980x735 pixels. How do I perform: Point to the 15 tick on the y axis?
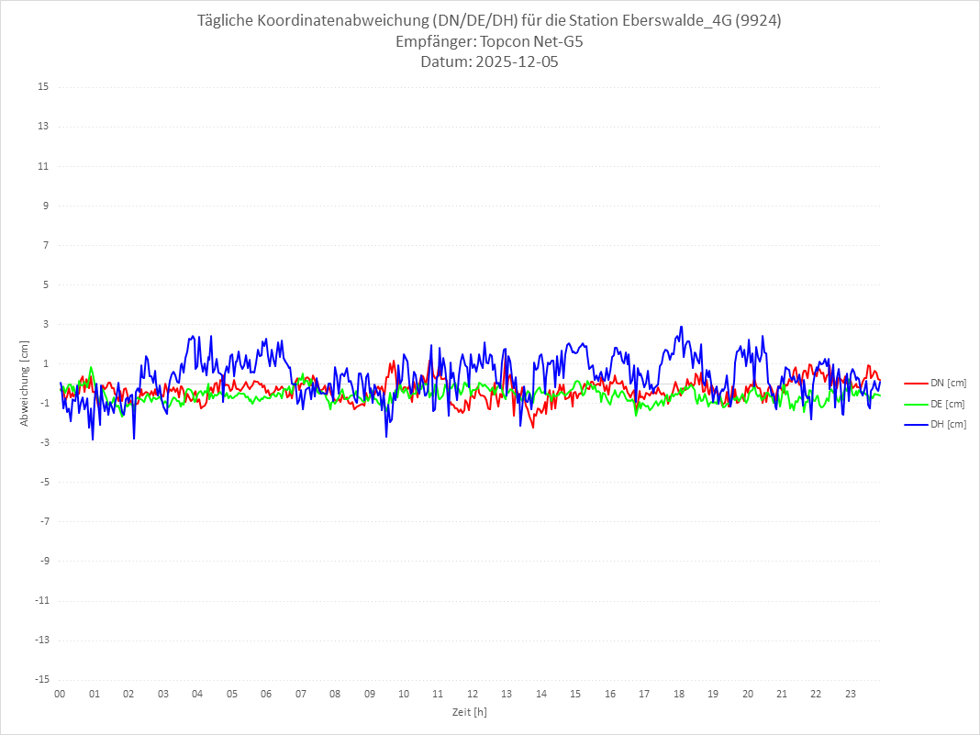pyautogui.click(x=43, y=87)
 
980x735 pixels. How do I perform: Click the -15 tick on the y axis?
pyautogui.click(x=41, y=679)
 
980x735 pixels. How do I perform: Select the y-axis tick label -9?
pyautogui.click(x=43, y=561)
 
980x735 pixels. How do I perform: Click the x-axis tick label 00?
pyautogui.click(x=60, y=694)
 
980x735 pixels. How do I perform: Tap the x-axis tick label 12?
pyautogui.click(x=473, y=694)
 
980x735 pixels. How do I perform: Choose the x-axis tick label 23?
pyautogui.click(x=851, y=694)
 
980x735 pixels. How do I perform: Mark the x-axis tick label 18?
pyautogui.click(x=679, y=694)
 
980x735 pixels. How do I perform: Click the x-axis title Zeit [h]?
pyautogui.click(x=469, y=712)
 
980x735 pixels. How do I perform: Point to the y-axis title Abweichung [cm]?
pyautogui.click(x=25, y=384)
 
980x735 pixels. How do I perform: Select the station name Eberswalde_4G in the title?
pyautogui.click(x=683, y=21)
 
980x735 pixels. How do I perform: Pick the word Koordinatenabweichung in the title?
pyautogui.click(x=337, y=21)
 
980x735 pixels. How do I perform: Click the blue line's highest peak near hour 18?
pyautogui.click(x=681, y=327)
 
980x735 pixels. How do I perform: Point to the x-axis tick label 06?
pyautogui.click(x=266, y=694)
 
